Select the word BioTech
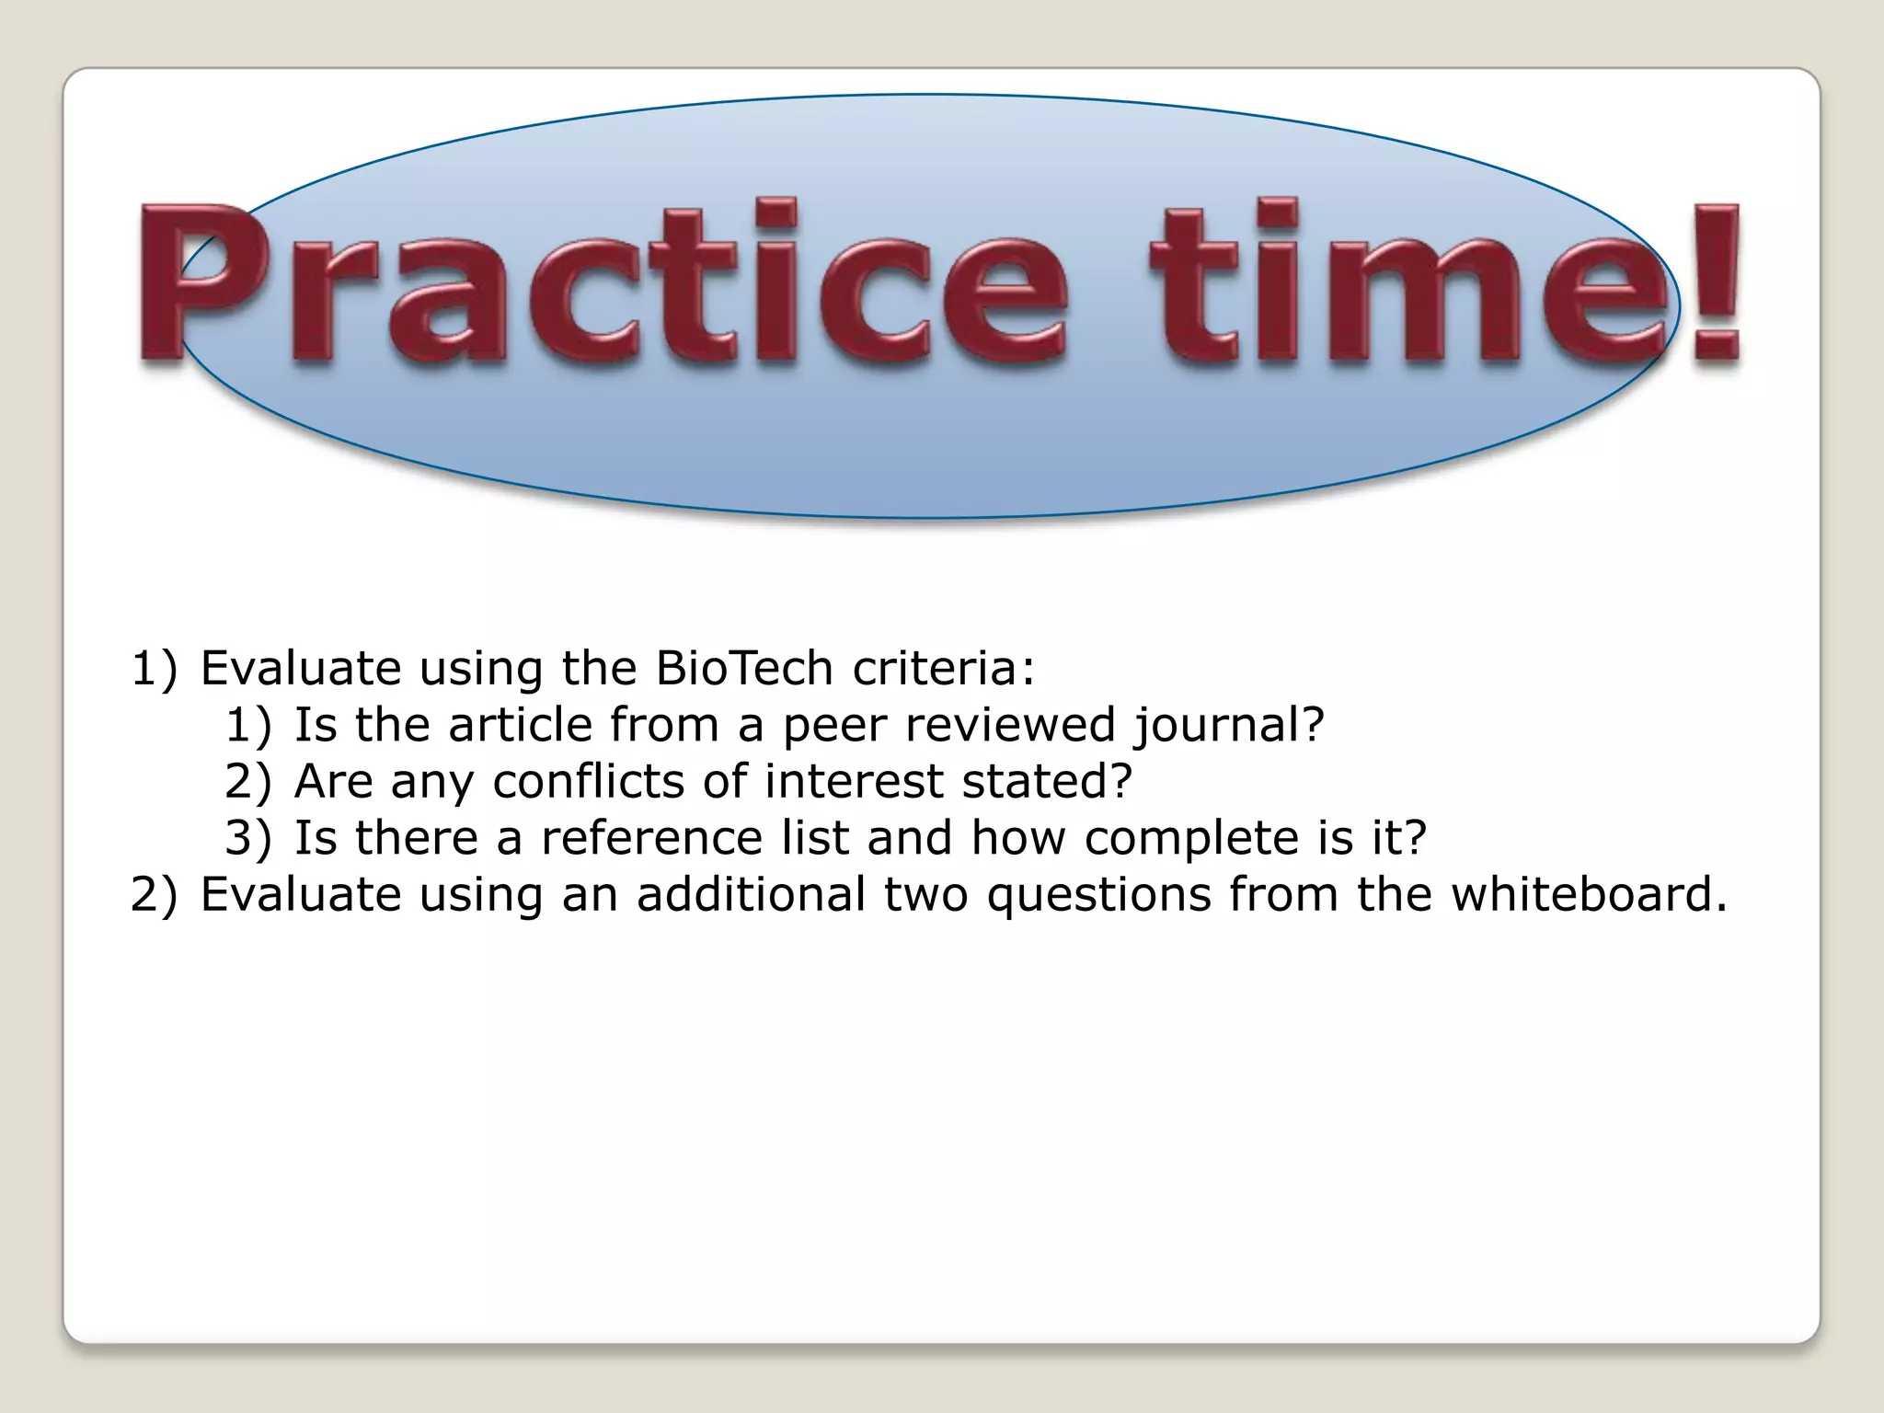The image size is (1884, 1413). [744, 668]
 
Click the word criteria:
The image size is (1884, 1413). [944, 668]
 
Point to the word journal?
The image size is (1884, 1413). [1229, 725]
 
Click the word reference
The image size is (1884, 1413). [652, 838]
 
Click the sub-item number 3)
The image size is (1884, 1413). [248, 838]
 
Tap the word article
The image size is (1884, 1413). [527, 725]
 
